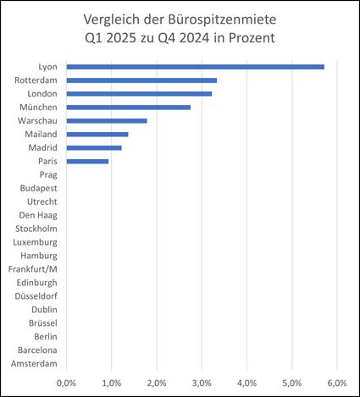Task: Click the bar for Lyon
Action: coord(196,67)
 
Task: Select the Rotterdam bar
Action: coord(141,80)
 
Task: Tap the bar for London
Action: coord(139,94)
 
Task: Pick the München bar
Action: coord(129,108)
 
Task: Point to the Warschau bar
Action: coord(107,121)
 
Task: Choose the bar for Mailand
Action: coord(97,135)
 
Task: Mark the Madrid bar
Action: coord(94,148)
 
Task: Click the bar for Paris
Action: coord(87,162)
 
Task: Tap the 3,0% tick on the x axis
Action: coord(202,383)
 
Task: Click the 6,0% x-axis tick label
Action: coord(337,383)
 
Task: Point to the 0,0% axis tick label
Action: coord(66,383)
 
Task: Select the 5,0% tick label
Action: coord(292,383)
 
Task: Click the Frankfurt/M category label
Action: coord(33,269)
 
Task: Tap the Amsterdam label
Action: coord(34,364)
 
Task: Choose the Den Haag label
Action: coord(38,216)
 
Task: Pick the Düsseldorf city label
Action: coord(36,296)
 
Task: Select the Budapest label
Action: coord(39,189)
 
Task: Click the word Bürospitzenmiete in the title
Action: coord(222,20)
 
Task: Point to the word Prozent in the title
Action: coord(252,38)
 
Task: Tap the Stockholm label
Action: coord(36,229)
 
